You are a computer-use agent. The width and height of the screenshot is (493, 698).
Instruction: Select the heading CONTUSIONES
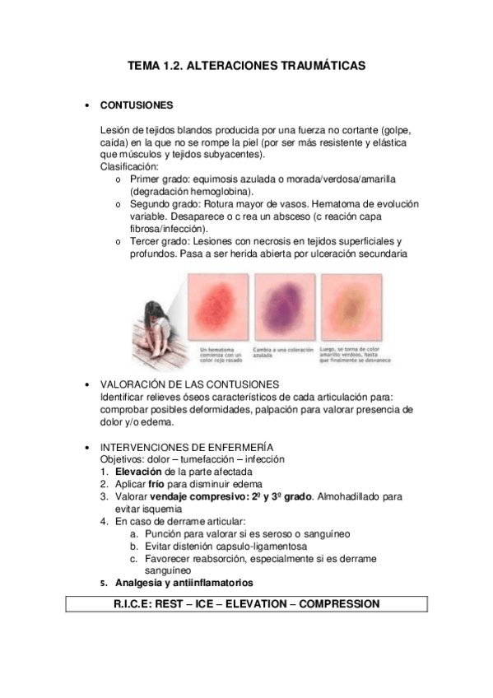[136, 106]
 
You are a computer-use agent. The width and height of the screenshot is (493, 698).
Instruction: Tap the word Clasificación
[128, 165]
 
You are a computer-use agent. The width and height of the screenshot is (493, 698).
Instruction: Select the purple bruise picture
[284, 309]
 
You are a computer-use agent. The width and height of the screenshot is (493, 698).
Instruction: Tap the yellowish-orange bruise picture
[349, 309]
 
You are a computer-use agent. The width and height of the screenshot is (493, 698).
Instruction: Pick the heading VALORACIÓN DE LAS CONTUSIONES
[189, 384]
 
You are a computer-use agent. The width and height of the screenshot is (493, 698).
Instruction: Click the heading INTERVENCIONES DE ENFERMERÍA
[193, 446]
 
